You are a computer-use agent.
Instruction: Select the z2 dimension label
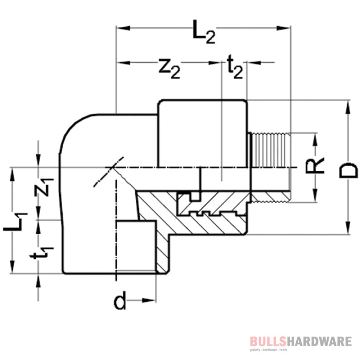click(x=169, y=68)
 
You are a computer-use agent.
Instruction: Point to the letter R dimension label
click(x=318, y=165)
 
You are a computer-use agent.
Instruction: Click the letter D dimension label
click(x=350, y=170)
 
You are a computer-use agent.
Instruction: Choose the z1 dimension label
click(x=46, y=188)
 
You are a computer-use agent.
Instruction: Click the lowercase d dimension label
click(x=120, y=301)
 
